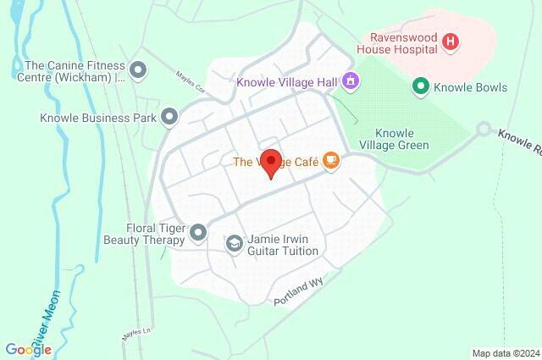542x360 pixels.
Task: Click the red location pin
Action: pos(270,162)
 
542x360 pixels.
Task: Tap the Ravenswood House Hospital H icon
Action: pos(451,41)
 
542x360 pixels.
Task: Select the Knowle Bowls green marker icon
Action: pos(419,86)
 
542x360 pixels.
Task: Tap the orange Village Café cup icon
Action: pos(330,161)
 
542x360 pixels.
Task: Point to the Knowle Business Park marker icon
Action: pos(170,117)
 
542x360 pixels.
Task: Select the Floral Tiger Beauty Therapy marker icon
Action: pos(198,231)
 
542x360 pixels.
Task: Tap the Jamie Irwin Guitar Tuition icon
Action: pos(234,244)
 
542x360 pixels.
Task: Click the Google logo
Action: pos(28,349)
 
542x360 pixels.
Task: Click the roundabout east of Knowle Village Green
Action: pos(484,130)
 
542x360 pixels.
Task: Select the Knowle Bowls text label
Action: pos(470,86)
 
